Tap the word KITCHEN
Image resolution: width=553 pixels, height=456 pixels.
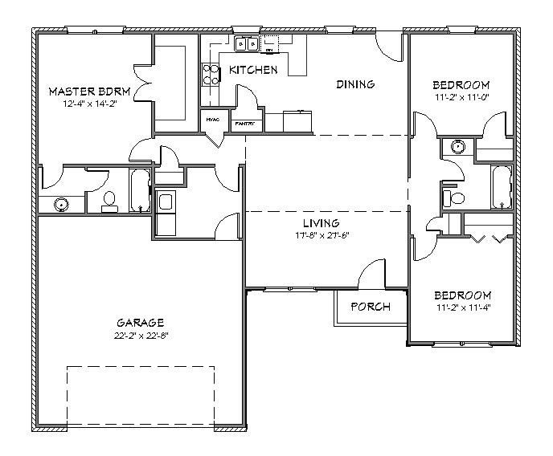[253, 71]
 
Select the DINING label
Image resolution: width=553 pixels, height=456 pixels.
[356, 84]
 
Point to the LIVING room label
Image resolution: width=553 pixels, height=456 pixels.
[321, 222]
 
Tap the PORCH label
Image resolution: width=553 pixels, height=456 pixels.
[370, 307]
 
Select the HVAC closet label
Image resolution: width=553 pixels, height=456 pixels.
[213, 120]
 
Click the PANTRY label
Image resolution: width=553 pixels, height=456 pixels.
[244, 124]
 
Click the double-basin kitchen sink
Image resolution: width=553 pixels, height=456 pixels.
[247, 44]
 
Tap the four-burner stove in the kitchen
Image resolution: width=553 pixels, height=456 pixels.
[212, 74]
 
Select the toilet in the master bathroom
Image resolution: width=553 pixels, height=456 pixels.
[110, 201]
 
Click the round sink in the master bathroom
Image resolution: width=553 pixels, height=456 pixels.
[61, 206]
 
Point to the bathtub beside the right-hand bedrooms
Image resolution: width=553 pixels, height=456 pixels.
[501, 187]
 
